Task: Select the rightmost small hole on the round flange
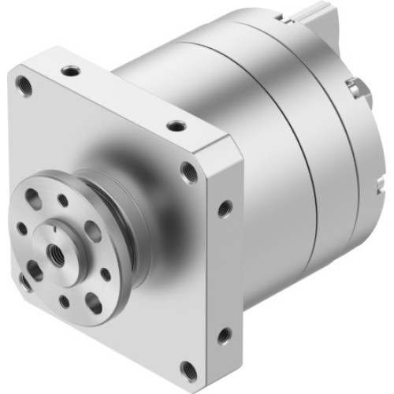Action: [x=105, y=274]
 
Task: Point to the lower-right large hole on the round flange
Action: [x=95, y=299]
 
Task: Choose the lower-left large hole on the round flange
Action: [x=35, y=272]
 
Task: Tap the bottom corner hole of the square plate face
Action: [x=187, y=368]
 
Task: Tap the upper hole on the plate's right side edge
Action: [x=225, y=209]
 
